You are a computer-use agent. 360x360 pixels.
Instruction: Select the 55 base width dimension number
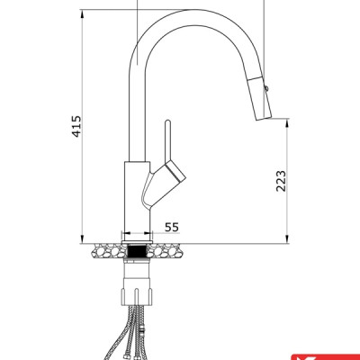[172, 229]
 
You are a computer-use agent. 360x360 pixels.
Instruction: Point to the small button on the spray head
[266, 86]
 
